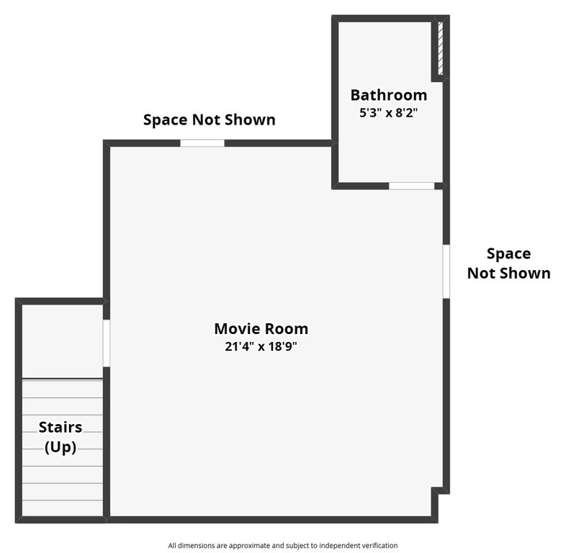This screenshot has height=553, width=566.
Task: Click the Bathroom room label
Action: coord(388,95)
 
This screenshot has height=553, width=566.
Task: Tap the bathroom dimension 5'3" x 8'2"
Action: coord(388,112)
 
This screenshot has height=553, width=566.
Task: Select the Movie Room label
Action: coord(261,329)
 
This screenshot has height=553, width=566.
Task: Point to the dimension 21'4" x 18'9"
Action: coord(261,346)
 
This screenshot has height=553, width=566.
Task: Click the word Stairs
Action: coord(60,427)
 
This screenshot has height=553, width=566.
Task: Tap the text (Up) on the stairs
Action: coord(60,446)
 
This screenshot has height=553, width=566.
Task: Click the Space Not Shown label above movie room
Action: coord(209,120)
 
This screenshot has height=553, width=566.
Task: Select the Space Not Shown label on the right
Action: coord(508,263)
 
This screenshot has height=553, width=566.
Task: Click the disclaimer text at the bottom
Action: coord(282,545)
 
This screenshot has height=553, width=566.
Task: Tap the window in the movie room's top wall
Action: coord(202,143)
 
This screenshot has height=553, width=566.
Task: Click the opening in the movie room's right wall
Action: coord(446,270)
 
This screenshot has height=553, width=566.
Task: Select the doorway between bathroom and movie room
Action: coord(411,186)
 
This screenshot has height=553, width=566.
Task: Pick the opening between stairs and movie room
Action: coord(107,343)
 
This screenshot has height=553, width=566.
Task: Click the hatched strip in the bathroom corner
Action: coord(439,48)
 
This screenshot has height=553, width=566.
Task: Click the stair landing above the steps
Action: coord(60,341)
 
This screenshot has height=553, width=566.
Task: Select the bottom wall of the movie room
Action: coord(274,518)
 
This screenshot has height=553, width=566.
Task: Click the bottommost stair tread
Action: coord(62,508)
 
